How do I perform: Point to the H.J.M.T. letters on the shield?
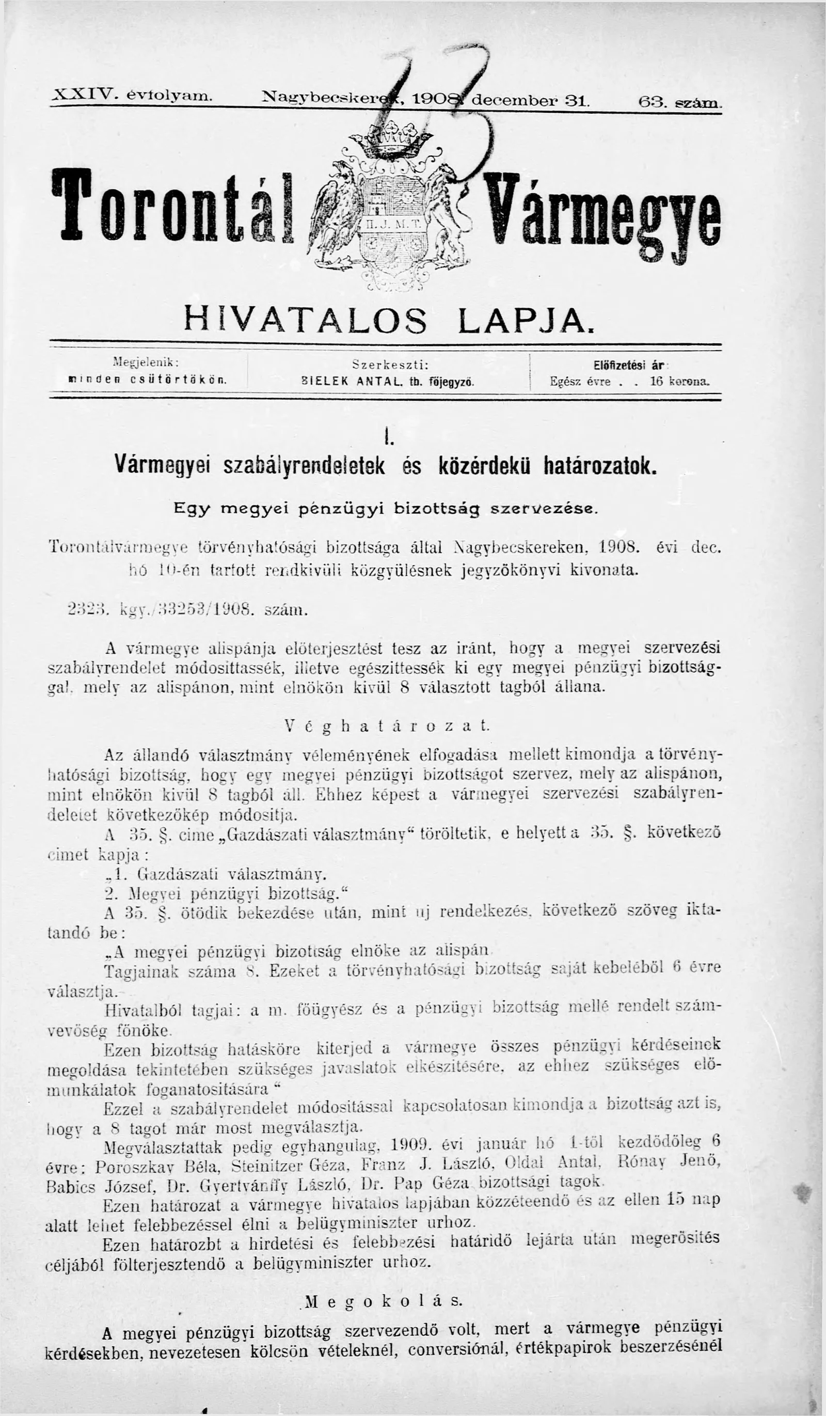[x=393, y=223]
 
